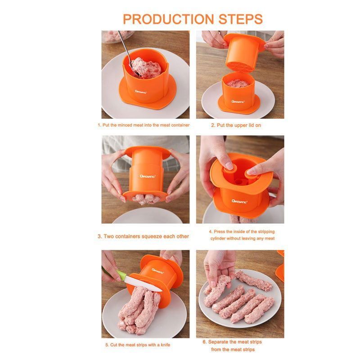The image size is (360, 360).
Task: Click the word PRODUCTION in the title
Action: (x=168, y=19)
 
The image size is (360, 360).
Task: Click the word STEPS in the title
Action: (x=240, y=19)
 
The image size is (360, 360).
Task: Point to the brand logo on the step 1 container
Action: (x=141, y=92)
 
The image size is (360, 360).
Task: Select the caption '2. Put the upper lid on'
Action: (x=236, y=126)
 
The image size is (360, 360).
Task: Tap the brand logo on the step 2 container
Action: (x=238, y=102)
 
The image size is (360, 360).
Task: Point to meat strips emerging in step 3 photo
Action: (x=146, y=199)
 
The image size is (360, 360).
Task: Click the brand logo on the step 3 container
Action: (x=148, y=176)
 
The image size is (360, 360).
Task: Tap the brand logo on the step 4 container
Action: (x=239, y=202)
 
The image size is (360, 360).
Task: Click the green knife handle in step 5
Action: (x=121, y=274)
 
